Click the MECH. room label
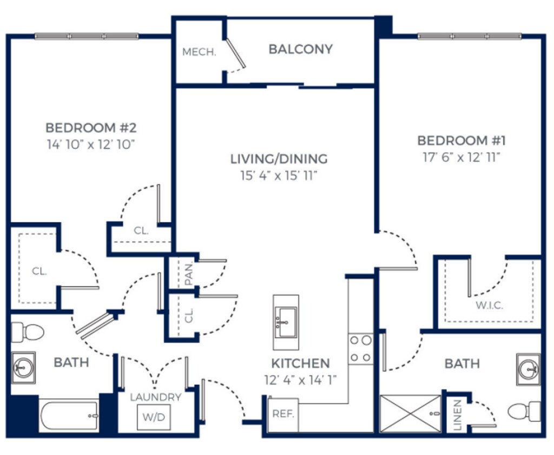point(199,53)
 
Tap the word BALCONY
point(301,49)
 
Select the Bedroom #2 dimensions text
point(91,145)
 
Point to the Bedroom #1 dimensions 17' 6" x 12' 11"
point(462,158)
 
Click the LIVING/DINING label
point(279,159)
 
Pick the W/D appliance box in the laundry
point(154,417)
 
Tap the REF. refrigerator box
point(283,414)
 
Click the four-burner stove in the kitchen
point(360,349)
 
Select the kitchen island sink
point(286,322)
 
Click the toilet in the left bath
point(28,332)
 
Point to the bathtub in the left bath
point(69,415)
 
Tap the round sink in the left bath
point(23,368)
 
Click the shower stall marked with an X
point(410,413)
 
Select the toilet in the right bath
point(524,412)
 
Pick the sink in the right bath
point(528,369)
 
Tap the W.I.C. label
point(489,305)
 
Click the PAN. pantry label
point(189,274)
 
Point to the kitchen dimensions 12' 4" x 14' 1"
point(300,380)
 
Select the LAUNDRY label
point(155,397)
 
